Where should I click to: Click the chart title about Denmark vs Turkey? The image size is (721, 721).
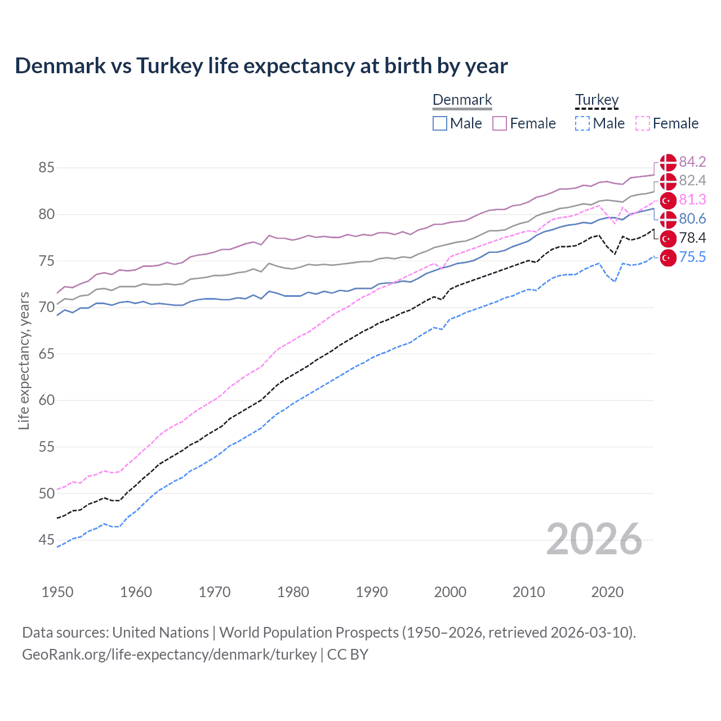261,66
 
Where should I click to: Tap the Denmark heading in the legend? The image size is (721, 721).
462,100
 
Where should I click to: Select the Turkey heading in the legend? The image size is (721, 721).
597,100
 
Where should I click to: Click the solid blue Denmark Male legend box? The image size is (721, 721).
440,123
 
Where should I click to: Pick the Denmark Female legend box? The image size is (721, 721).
500,123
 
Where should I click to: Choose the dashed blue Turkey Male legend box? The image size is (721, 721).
582,123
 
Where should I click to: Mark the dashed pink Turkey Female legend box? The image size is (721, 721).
643,123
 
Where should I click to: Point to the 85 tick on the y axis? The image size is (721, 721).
46,167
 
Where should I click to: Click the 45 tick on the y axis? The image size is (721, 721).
46,540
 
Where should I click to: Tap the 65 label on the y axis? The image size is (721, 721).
46,354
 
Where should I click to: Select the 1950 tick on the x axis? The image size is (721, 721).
57,592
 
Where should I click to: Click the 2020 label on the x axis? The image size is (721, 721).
607,592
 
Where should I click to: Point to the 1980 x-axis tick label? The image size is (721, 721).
293,592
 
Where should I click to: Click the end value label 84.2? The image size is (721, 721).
692,162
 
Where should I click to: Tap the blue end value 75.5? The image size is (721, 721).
692,257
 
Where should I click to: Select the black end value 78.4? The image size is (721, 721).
692,238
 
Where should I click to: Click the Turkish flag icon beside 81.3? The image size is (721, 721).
668,201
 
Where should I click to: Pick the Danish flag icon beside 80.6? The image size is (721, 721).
668,219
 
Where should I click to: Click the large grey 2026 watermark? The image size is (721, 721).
594,539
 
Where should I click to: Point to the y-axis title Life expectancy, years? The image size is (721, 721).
24,360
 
